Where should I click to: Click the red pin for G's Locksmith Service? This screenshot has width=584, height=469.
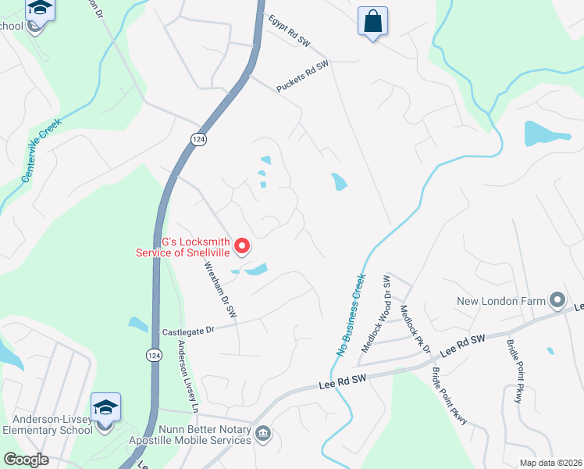(242, 246)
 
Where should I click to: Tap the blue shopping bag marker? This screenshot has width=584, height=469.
(373, 21)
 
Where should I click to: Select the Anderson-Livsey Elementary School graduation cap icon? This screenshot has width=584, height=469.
(105, 406)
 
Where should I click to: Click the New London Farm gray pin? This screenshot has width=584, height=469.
(557, 299)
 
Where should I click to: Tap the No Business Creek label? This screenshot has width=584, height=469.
(351, 314)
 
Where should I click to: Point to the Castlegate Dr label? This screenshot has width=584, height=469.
(187, 331)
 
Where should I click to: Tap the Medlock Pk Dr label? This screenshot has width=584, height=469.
(415, 328)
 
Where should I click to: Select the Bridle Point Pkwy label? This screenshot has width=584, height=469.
(449, 396)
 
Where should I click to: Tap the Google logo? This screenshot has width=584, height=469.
(27, 460)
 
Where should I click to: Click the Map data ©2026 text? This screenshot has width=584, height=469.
(550, 463)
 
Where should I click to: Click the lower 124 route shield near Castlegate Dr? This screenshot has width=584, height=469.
(153, 356)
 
